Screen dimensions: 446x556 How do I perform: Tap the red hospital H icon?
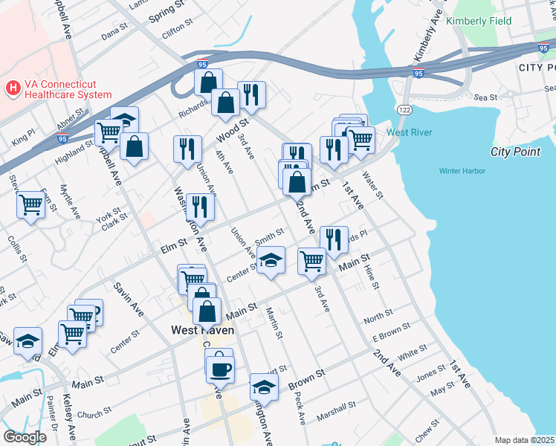[x=13, y=88]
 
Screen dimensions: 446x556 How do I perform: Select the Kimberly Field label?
[x=479, y=21]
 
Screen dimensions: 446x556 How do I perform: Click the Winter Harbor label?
[x=462, y=171]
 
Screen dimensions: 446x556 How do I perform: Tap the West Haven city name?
[x=202, y=330]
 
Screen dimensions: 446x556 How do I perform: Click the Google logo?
[x=24, y=437]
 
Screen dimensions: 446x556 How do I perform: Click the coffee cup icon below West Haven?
[x=220, y=368]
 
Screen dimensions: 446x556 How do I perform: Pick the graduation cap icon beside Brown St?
[x=263, y=387]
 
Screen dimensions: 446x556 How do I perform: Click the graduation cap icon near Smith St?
[x=271, y=260]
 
